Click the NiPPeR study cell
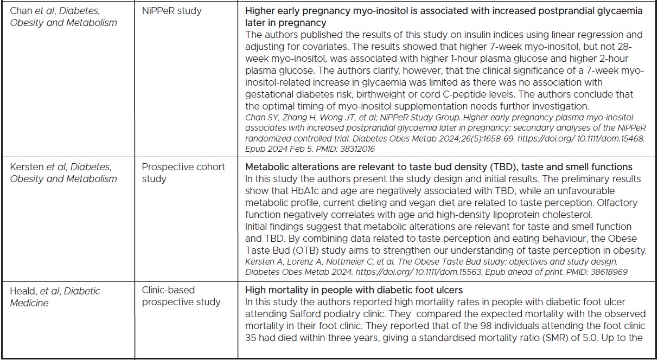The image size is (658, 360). (171, 11)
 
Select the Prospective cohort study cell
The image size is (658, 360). (183, 172)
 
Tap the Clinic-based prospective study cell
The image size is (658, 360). (181, 296)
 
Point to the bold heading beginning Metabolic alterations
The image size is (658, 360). (438, 166)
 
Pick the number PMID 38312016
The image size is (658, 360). (357, 149)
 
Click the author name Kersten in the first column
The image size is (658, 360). (28, 167)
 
